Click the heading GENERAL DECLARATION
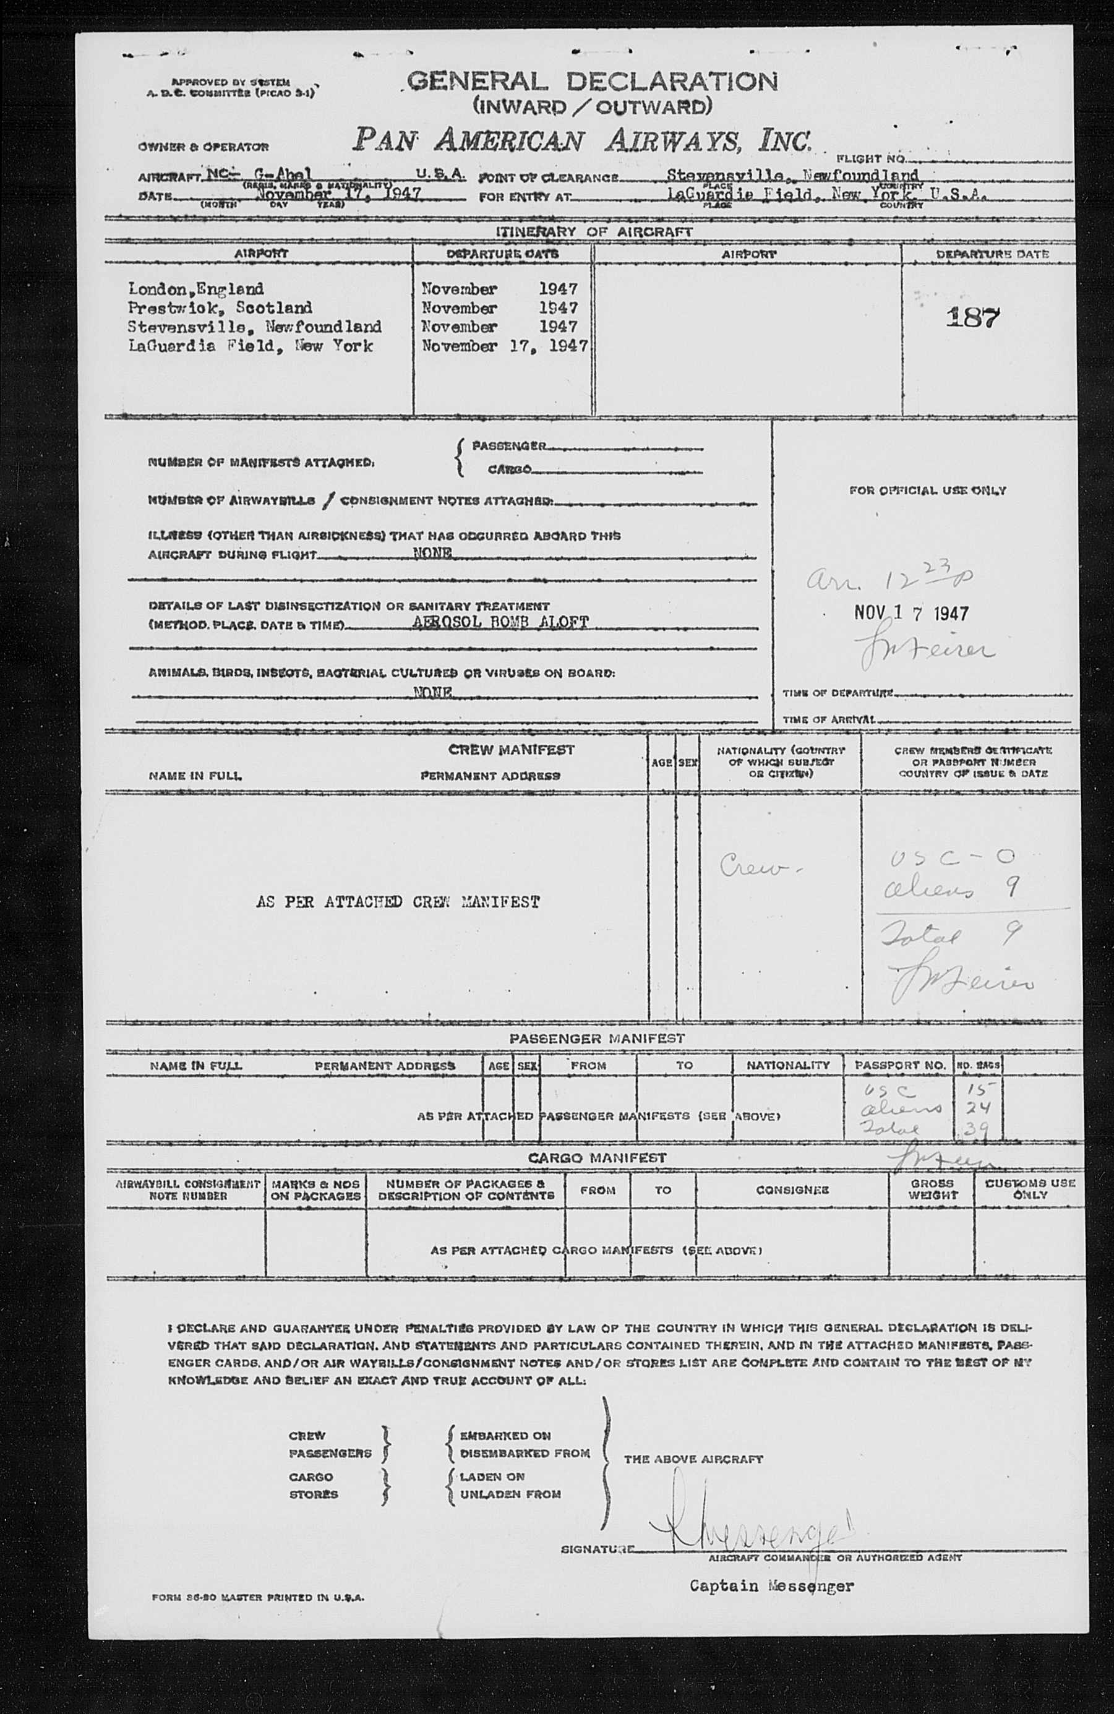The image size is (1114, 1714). tap(592, 82)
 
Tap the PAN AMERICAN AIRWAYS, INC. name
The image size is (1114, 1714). tap(582, 140)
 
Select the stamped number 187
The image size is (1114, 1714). tap(973, 317)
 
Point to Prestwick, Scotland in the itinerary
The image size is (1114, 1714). tap(220, 307)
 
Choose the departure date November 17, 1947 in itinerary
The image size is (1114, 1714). tap(504, 346)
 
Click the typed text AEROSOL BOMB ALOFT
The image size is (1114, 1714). tap(501, 622)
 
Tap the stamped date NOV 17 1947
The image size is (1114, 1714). tap(911, 613)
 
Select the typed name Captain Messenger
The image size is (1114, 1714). tap(771, 1586)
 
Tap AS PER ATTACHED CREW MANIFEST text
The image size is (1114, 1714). tap(398, 902)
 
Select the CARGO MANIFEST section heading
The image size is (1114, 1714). tap(597, 1158)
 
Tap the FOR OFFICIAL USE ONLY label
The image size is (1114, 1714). tap(927, 491)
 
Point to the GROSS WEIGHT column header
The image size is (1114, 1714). tap(933, 1189)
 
